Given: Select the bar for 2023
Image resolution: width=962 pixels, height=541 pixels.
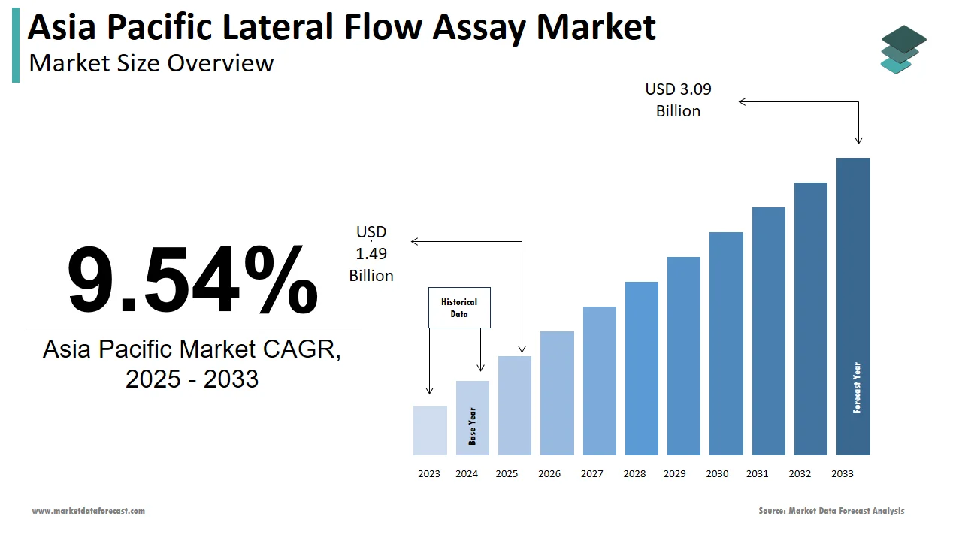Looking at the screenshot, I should [x=430, y=431].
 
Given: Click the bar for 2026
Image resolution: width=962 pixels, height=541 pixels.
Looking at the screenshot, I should [x=557, y=393].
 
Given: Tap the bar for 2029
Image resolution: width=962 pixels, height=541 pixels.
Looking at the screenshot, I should [x=683, y=356].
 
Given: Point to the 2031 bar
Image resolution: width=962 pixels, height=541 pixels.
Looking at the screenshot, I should [x=768, y=331].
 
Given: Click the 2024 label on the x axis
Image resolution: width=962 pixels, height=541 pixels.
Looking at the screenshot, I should [x=467, y=474].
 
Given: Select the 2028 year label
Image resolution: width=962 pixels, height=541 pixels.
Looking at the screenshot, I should [x=634, y=474].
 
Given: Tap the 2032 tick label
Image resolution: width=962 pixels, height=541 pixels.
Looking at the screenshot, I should [x=800, y=474].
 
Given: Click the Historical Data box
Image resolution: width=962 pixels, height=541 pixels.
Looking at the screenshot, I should [x=459, y=307].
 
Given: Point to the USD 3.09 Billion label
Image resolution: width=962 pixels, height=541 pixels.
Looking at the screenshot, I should [x=678, y=100].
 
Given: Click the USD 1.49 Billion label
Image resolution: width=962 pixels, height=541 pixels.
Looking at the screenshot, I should [x=371, y=254].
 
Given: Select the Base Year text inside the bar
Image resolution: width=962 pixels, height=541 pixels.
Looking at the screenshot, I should [x=473, y=426].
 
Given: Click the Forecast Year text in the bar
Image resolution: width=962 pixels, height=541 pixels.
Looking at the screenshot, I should [x=857, y=388].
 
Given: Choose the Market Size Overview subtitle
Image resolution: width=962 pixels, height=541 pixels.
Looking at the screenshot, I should [x=151, y=62].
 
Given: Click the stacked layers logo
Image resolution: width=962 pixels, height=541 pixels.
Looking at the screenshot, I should [x=904, y=50].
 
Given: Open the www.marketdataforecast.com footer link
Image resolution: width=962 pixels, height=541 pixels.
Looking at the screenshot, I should [x=88, y=511].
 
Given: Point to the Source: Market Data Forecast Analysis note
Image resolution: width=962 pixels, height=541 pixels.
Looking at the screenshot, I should [x=831, y=511].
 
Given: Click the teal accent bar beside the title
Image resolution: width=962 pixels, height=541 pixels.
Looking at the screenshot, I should [x=16, y=47].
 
